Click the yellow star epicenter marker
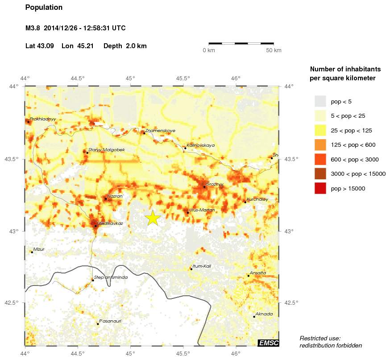tap(153, 218)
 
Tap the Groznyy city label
tap(215, 184)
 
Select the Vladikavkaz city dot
tap(95, 226)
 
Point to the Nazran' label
tap(115, 196)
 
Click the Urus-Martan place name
tap(202, 210)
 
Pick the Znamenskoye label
tap(160, 131)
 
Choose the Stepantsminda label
tap(111, 277)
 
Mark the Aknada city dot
tap(254, 317)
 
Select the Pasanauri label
tap(110, 321)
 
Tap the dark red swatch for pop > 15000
tap(320, 189)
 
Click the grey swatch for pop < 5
tap(320, 101)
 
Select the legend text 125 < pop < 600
tap(353, 145)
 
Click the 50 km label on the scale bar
tap(274, 50)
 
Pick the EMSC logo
tap(268, 343)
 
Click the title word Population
tap(44, 8)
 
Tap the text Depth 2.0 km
tap(125, 46)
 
